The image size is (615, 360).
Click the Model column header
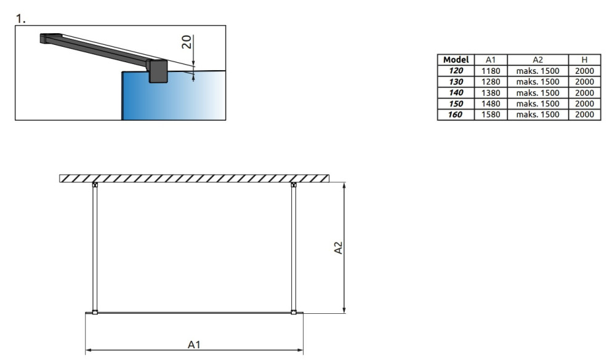456,60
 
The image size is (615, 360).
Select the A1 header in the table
491,60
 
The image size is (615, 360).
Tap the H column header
584,60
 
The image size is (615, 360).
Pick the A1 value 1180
491,71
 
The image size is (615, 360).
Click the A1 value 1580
491,114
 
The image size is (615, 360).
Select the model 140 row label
456,92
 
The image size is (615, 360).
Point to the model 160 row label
456,114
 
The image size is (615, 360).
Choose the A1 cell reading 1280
491,82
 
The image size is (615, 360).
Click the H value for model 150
584,103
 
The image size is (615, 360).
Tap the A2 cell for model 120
537,71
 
